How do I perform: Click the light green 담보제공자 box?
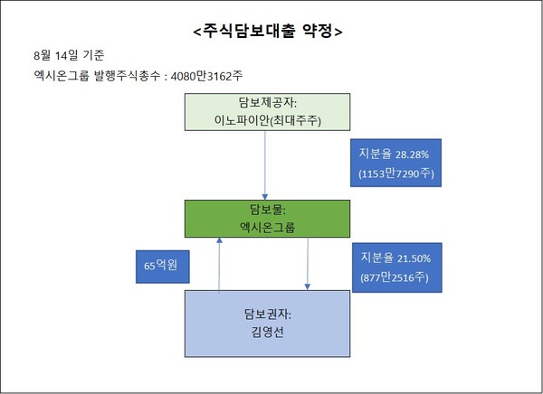click(x=266, y=111)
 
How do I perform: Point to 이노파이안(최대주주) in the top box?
click(x=266, y=120)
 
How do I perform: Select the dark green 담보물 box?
click(x=265, y=220)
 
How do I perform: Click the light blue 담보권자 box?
click(x=266, y=323)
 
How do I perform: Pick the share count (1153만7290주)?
click(x=396, y=172)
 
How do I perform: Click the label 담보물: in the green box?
click(x=265, y=210)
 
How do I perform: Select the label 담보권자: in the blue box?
click(x=265, y=314)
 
